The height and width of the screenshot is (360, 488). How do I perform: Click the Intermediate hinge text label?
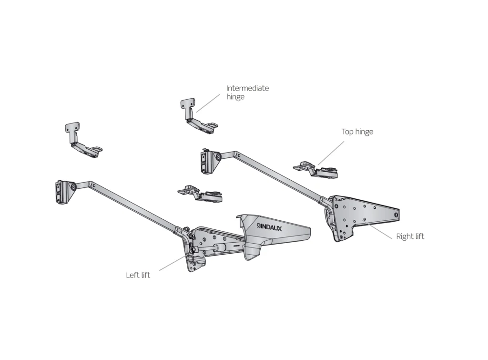[247, 93]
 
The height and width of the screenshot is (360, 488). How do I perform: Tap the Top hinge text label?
[357, 132]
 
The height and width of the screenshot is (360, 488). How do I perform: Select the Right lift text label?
[410, 236]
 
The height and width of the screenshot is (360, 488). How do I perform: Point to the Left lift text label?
[138, 275]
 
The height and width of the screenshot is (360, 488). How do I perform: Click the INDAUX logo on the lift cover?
[269, 228]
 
